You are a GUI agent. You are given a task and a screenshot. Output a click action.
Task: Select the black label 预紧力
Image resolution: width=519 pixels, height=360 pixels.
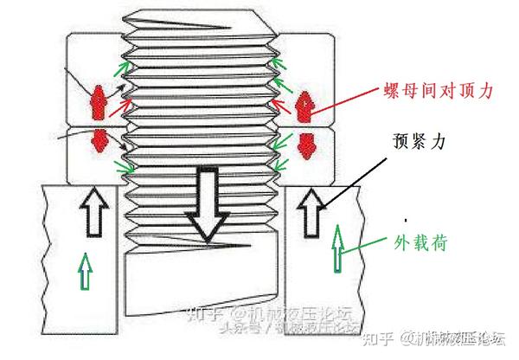click(x=421, y=138)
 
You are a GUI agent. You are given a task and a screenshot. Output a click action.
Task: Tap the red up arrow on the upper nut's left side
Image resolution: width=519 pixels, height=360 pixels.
click(x=98, y=103)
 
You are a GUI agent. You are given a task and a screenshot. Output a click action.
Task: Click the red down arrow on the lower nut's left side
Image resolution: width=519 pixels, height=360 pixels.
click(x=98, y=142)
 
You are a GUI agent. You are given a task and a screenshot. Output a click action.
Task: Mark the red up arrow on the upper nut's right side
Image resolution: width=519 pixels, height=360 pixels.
click(x=305, y=105)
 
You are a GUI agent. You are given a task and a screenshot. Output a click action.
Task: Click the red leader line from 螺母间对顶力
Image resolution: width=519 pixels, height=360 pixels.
click(x=346, y=98)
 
